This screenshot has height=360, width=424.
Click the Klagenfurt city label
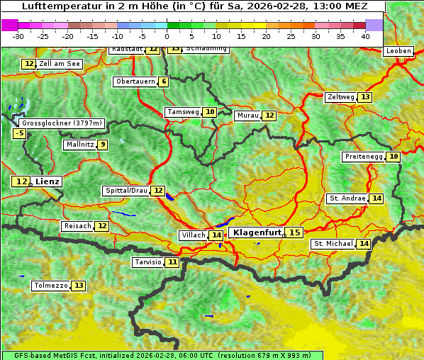257,232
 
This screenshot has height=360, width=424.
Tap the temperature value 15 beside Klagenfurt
294,232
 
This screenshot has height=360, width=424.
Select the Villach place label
193,235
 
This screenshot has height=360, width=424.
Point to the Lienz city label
48,182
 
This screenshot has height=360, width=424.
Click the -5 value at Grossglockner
20,133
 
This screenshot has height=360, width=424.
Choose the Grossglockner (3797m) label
62,123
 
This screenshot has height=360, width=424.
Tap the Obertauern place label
135,81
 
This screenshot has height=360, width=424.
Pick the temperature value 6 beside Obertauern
164,81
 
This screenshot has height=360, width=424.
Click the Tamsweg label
182,112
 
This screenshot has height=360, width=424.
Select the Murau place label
247,116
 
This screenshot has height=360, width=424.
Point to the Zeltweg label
340,97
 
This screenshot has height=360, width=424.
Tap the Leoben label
398,52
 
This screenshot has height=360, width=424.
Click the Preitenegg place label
364,157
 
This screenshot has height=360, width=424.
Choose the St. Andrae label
347,198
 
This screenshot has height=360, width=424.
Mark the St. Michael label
333,244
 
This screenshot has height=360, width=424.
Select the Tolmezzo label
51,286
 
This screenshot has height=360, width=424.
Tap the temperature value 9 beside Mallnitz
104,145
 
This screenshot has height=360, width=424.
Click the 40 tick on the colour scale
365,36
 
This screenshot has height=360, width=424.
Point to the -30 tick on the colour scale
18,36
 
